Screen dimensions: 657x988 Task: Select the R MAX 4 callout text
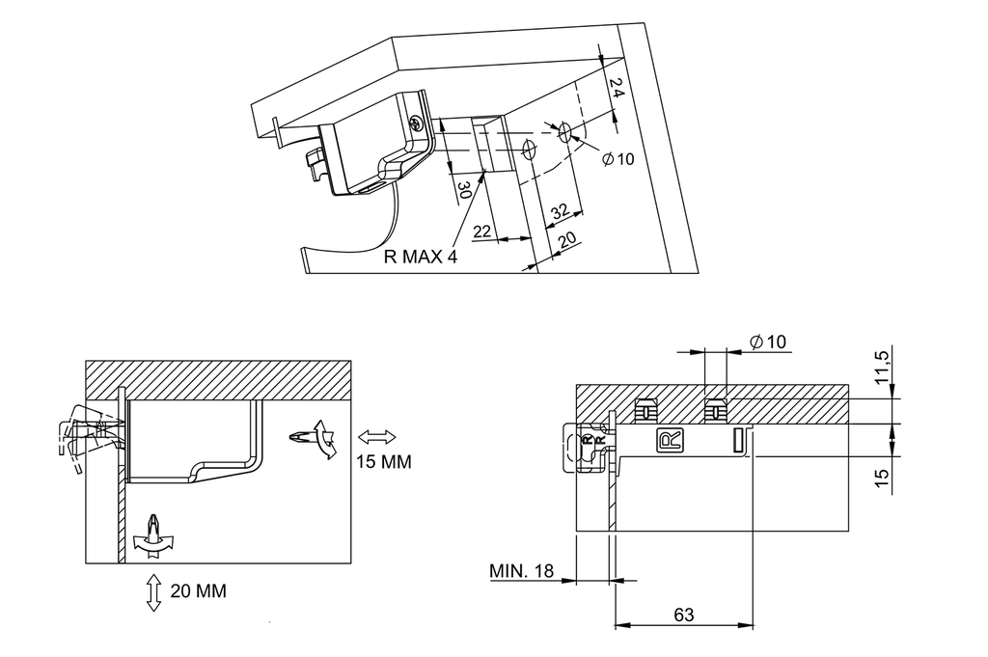point(420,258)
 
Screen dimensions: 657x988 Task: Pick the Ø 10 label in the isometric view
point(617,159)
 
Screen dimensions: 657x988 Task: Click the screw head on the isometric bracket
point(416,123)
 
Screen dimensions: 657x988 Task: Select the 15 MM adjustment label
point(384,462)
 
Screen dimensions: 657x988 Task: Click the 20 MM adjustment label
point(198,591)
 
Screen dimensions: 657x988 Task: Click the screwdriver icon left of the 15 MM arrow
point(311,440)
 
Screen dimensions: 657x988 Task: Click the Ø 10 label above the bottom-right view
point(767,342)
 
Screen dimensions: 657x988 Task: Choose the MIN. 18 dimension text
point(521,571)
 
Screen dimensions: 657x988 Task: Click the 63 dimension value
point(684,615)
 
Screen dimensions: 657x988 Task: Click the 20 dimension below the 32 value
point(566,238)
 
